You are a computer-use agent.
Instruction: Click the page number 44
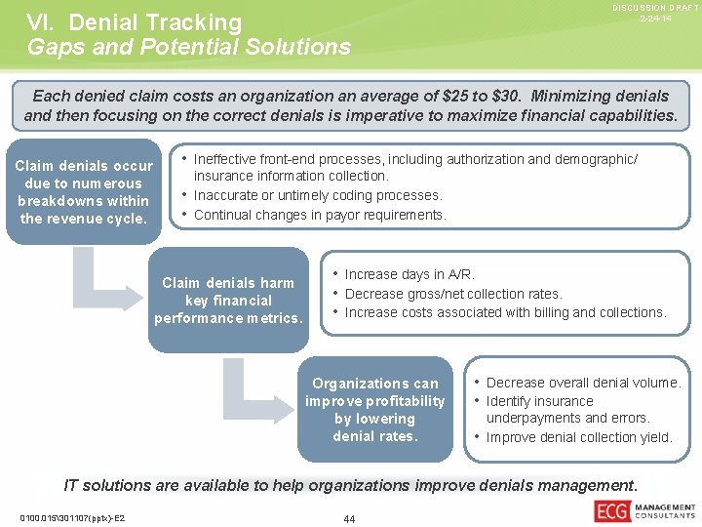point(349,518)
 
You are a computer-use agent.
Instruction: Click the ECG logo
point(611,510)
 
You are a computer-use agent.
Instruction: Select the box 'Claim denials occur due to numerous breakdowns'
point(84,192)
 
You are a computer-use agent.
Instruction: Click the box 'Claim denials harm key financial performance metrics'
point(228,301)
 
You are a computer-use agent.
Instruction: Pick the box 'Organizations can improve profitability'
point(375,410)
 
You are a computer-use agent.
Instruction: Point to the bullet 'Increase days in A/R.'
point(409,274)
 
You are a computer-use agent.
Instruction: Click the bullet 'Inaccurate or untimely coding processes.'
point(318,195)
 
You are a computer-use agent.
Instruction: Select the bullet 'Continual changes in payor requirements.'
point(320,215)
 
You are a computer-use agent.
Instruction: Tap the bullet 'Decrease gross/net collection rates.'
point(453,294)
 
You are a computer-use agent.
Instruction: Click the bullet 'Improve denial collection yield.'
point(579,437)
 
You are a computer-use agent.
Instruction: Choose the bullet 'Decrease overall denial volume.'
point(583,383)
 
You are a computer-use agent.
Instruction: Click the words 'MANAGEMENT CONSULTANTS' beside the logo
point(665,511)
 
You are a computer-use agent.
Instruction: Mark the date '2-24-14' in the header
point(655,20)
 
